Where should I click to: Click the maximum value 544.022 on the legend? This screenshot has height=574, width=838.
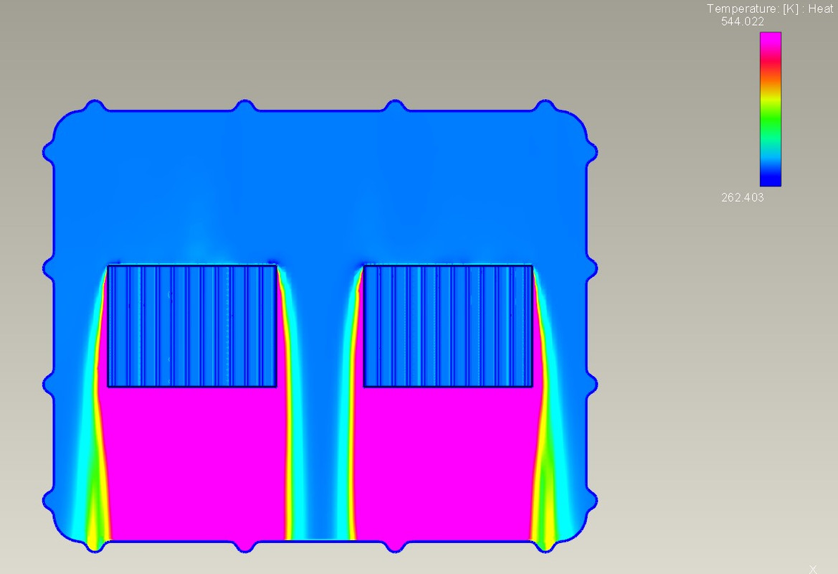742,22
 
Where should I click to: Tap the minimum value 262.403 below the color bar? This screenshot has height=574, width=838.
742,197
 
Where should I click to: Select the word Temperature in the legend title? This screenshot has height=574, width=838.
739,9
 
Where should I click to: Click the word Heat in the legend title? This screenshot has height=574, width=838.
820,9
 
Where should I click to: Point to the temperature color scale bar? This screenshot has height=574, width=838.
771,109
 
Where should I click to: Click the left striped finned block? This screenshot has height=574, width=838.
192,326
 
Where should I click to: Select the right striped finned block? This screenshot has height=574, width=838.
448,326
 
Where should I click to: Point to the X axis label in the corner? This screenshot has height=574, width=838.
813,569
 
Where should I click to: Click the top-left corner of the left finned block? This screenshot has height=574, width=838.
108,266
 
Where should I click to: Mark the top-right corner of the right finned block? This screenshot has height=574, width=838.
532,266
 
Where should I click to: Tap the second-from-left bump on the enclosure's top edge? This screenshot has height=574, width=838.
244,105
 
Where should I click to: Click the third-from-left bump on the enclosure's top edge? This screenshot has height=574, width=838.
394,105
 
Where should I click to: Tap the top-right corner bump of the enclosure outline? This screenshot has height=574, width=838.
545,105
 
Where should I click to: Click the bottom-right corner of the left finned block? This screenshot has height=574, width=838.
276,387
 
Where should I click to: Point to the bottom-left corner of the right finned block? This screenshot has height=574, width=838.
364,387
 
